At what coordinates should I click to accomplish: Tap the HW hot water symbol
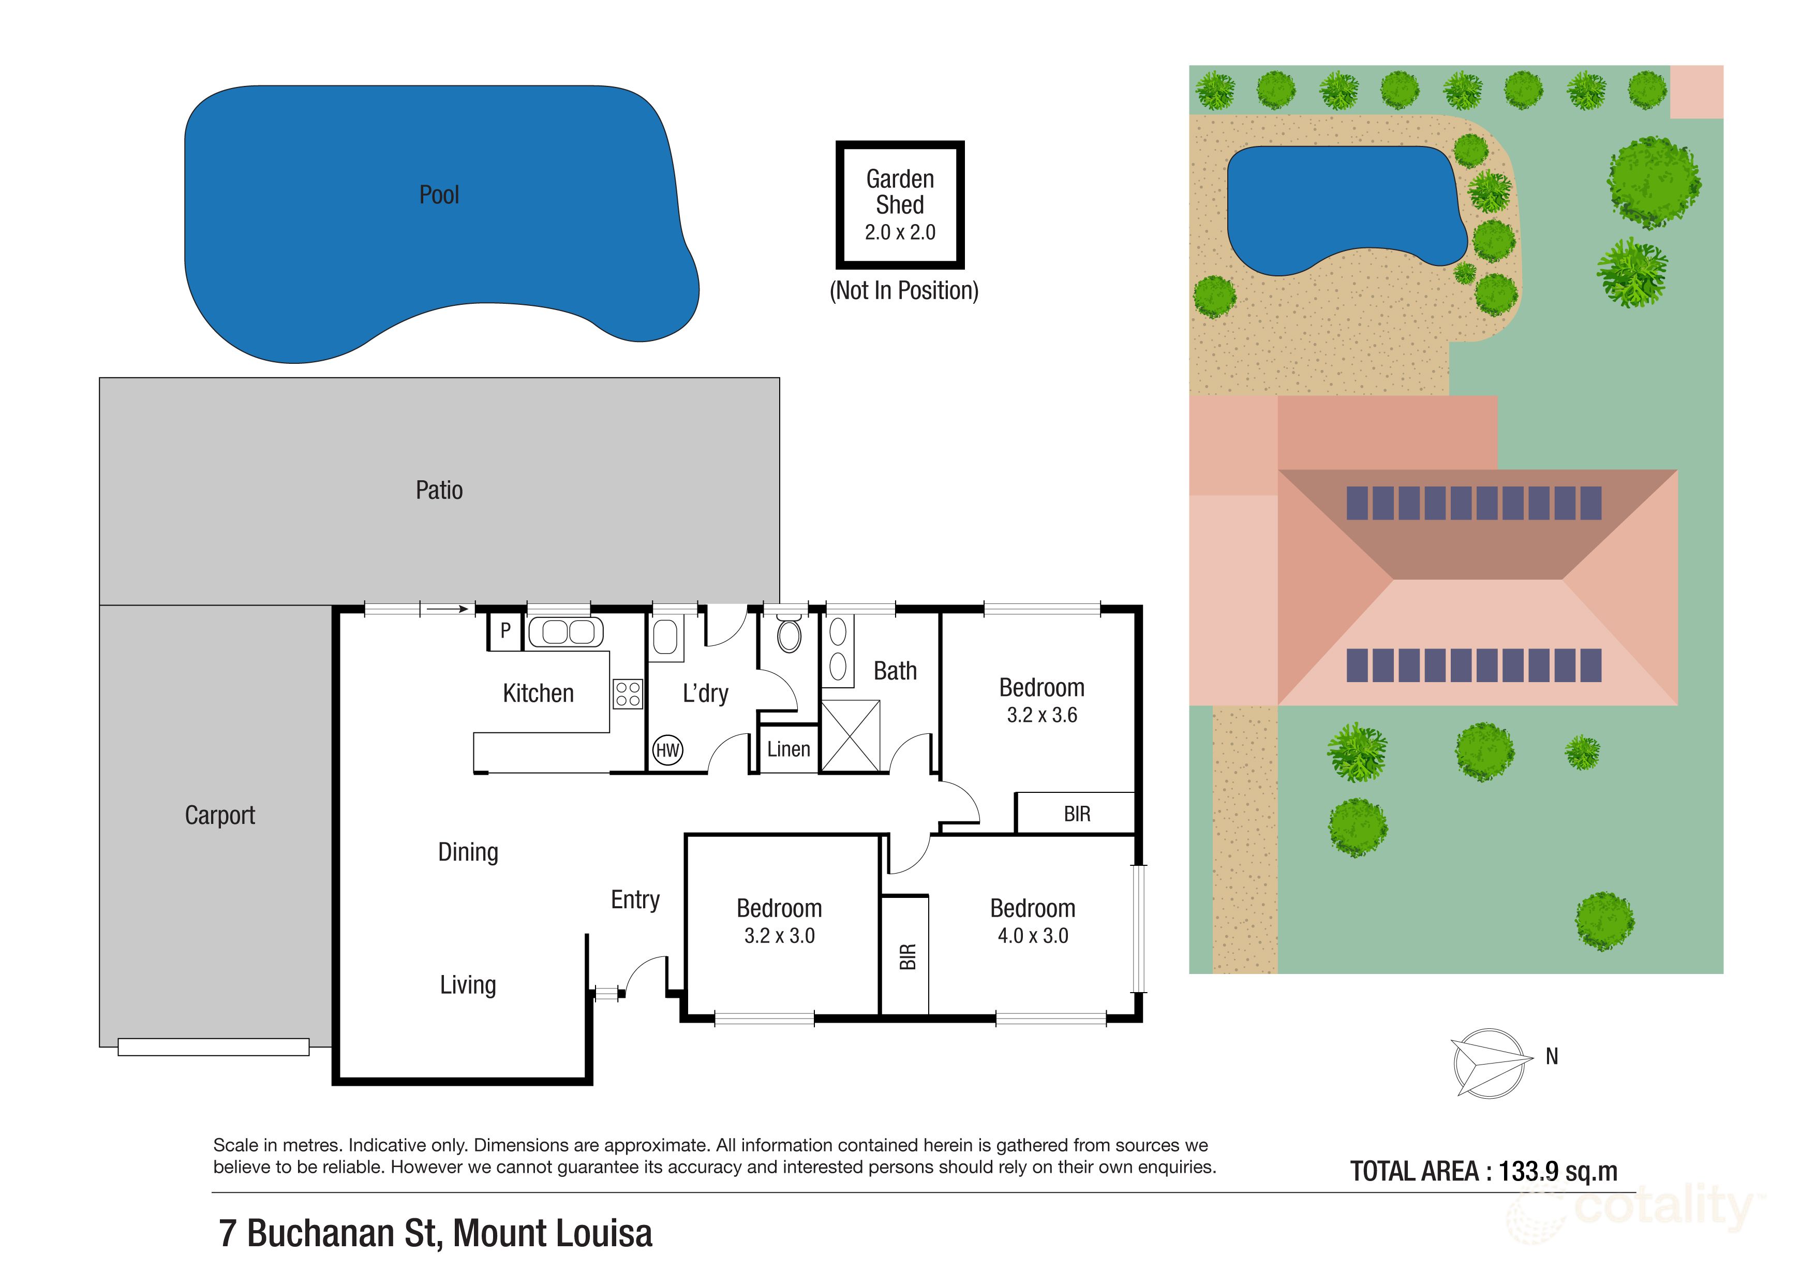coord(667,750)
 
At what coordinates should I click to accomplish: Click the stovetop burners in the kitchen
coord(628,694)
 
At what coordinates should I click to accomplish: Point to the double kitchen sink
coord(565,632)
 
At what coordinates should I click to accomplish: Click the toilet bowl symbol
coord(789,634)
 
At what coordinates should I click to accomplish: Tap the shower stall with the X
coord(851,735)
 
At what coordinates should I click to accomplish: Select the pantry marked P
coord(505,630)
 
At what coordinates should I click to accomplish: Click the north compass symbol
coord(1490,1062)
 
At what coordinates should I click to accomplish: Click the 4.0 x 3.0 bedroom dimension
coord(1032,936)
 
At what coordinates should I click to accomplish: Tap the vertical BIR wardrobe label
coord(907,957)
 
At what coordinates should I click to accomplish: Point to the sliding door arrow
coord(448,609)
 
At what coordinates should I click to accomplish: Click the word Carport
coord(220,815)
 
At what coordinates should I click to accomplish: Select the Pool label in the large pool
coord(439,195)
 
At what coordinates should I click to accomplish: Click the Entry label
coord(635,900)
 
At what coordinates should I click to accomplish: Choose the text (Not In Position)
coord(903,291)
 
